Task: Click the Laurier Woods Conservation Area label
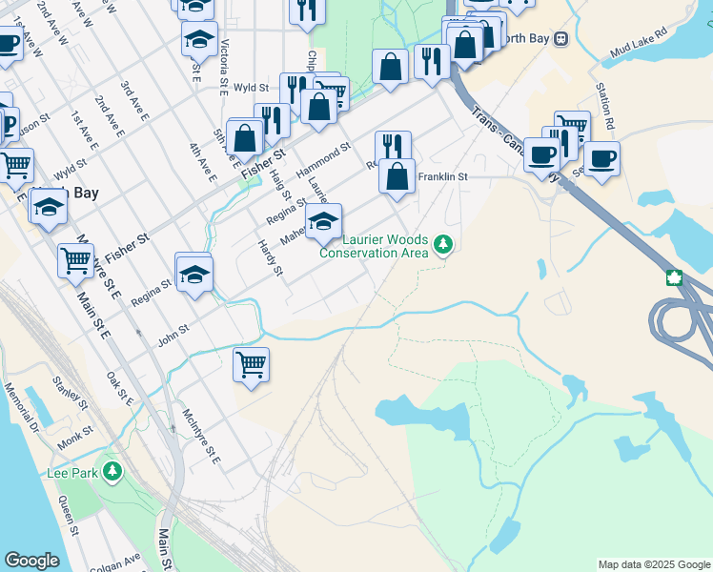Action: click(x=373, y=246)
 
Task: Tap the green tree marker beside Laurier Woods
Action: click(x=442, y=245)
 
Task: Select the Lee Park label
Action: click(x=72, y=472)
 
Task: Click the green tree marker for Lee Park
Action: click(x=112, y=471)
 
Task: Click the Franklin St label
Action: click(x=442, y=177)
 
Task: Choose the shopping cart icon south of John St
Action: click(x=251, y=364)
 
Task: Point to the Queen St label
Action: click(x=67, y=516)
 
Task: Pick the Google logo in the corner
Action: click(x=31, y=561)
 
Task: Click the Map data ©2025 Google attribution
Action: click(x=653, y=564)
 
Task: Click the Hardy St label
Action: click(x=272, y=257)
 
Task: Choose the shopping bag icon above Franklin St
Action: click(x=397, y=176)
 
